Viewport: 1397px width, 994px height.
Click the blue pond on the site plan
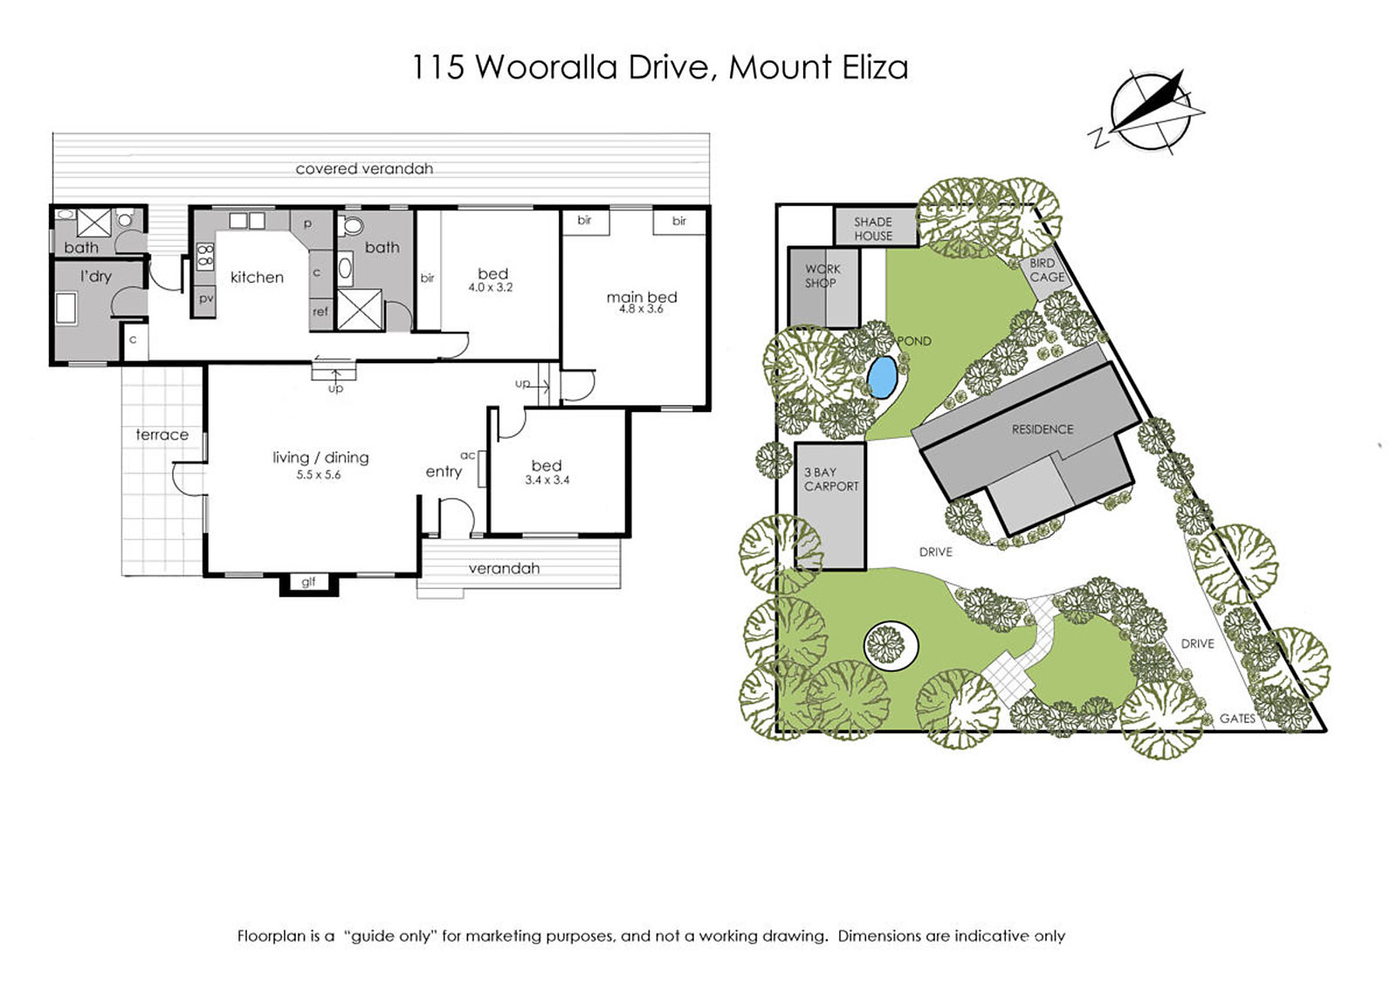(x=883, y=378)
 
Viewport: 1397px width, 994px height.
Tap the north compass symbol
(x=1147, y=114)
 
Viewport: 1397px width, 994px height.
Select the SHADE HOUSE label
(x=873, y=229)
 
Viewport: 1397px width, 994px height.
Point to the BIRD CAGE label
(x=1047, y=270)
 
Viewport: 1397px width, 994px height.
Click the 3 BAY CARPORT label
(x=831, y=479)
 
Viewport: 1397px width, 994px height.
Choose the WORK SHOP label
(x=822, y=276)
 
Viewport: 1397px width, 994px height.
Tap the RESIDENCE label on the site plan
(x=1043, y=429)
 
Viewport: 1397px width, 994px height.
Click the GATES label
(x=1237, y=718)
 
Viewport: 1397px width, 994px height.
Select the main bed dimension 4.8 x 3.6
(x=641, y=309)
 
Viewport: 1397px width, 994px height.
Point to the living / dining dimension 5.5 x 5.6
(x=319, y=475)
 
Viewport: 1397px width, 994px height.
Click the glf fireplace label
(x=309, y=581)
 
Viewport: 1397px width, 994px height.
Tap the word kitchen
(x=257, y=278)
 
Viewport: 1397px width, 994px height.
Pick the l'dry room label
(x=95, y=276)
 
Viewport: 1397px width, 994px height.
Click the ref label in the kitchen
(x=320, y=311)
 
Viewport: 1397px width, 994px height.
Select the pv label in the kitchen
(x=206, y=298)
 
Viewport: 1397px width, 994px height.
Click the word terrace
(x=162, y=435)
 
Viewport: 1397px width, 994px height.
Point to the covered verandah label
(x=364, y=168)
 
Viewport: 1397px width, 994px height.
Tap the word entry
(x=444, y=472)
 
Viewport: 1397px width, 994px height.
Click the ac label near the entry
(x=468, y=456)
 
